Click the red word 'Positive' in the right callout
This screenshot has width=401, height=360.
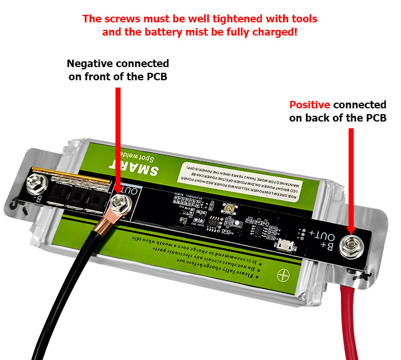pyautogui.click(x=310, y=105)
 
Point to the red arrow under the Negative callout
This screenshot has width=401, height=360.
pyautogui.click(x=117, y=138)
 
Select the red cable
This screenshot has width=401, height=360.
pyautogui.click(x=349, y=321)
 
